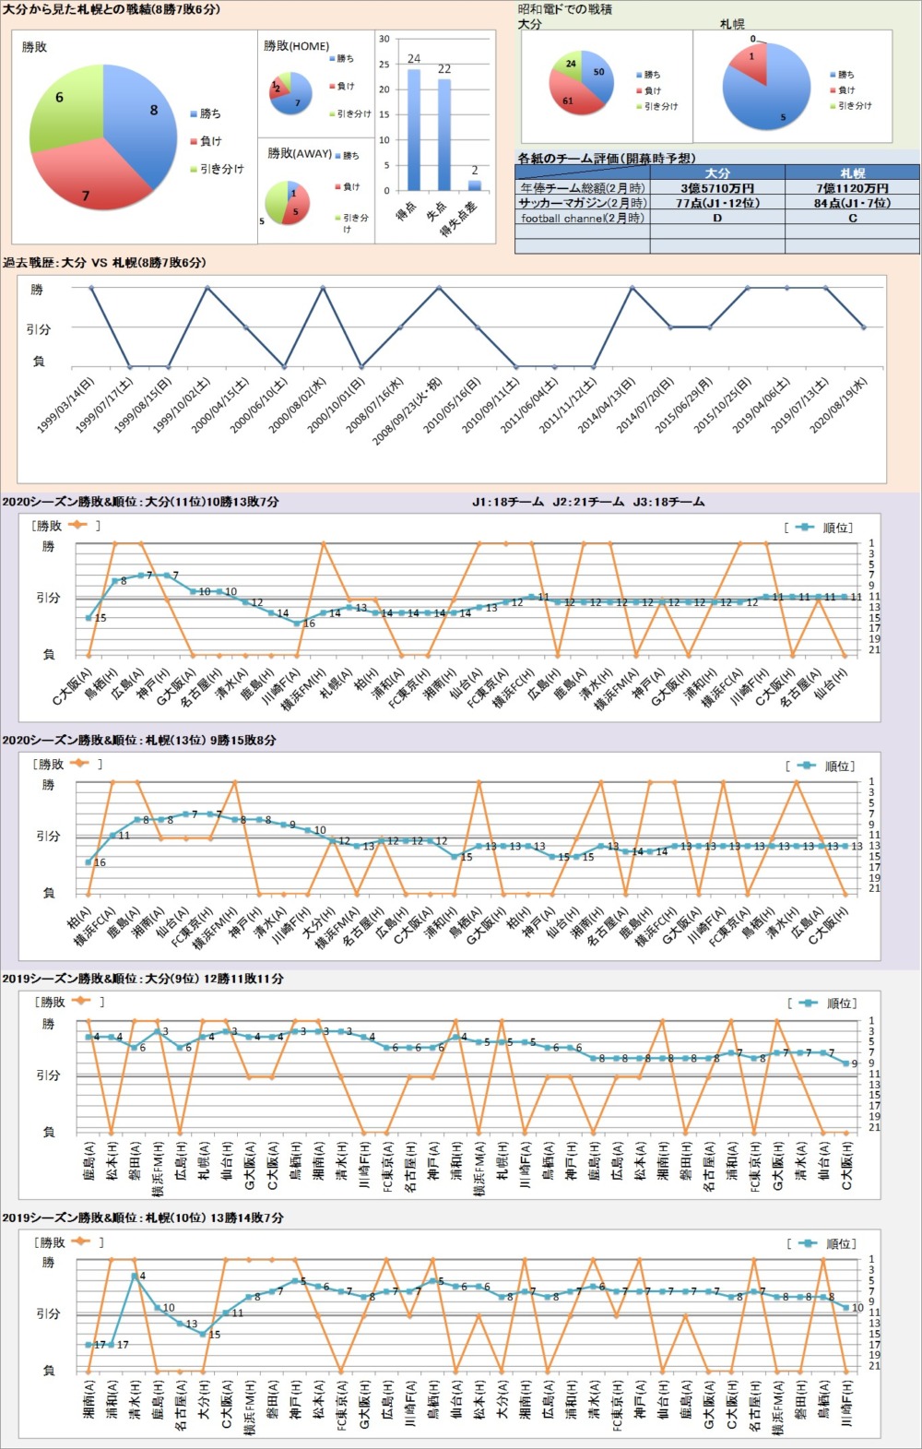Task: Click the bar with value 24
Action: (x=413, y=129)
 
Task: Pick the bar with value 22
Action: (x=443, y=134)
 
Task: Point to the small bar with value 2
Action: (x=474, y=184)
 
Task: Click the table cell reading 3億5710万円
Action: (x=717, y=188)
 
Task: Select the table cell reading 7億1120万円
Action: (x=852, y=188)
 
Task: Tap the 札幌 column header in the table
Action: (x=852, y=173)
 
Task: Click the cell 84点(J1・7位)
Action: (x=852, y=203)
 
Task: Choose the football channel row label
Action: (x=582, y=219)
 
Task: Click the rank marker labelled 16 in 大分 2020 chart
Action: (x=298, y=623)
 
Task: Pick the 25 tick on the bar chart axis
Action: (x=384, y=65)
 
